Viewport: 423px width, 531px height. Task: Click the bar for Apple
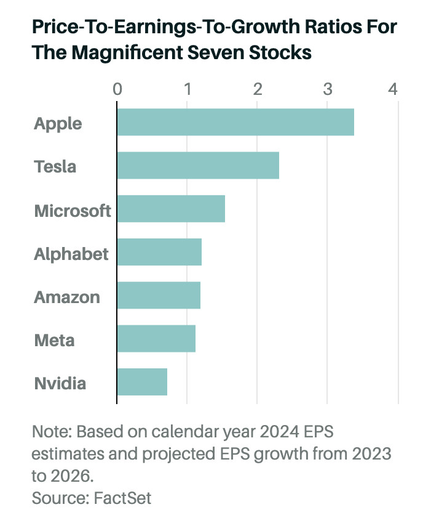pyautogui.click(x=235, y=122)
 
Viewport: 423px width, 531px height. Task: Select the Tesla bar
pyautogui.click(x=198, y=166)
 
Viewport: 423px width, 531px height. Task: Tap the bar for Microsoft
pyautogui.click(x=171, y=209)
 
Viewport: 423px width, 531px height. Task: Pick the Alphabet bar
pyautogui.click(x=159, y=253)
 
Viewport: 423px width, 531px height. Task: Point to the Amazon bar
pyautogui.click(x=159, y=296)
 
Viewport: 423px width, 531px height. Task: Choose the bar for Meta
pyautogui.click(x=156, y=339)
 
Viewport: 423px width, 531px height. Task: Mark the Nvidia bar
pyautogui.click(x=142, y=382)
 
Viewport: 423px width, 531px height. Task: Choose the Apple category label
pyautogui.click(x=58, y=123)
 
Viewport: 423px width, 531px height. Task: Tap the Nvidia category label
pyautogui.click(x=60, y=383)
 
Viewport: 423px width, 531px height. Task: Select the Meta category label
pyautogui.click(x=54, y=340)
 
